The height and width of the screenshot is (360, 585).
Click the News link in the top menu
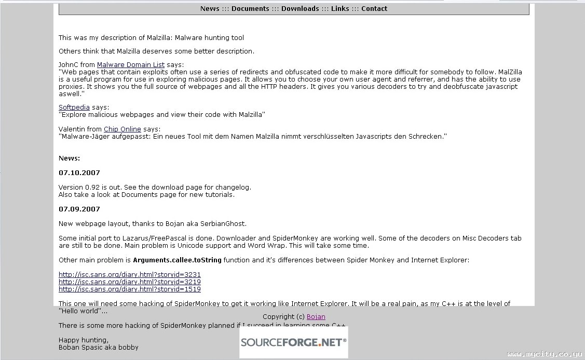(210, 8)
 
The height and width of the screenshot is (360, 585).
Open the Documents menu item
(250, 8)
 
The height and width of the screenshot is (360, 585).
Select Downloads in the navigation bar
(300, 8)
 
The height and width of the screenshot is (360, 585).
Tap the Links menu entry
(340, 8)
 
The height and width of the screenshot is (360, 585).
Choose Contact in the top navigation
(374, 8)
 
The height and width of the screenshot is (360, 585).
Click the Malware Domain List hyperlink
(131, 65)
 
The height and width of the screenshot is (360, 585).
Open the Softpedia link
(74, 108)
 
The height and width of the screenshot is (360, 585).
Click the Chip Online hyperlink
(123, 129)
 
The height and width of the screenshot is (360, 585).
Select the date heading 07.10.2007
(79, 173)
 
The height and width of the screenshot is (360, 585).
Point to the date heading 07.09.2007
(79, 209)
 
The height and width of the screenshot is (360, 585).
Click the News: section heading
(70, 158)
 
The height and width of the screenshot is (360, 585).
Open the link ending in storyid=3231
(130, 275)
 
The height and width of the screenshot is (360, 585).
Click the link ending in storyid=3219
(130, 282)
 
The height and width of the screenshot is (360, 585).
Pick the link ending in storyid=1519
(130, 289)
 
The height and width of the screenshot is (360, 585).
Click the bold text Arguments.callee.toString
(177, 260)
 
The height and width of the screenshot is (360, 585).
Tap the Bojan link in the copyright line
(316, 317)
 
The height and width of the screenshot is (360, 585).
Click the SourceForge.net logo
(294, 342)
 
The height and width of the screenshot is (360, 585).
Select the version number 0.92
(92, 188)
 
